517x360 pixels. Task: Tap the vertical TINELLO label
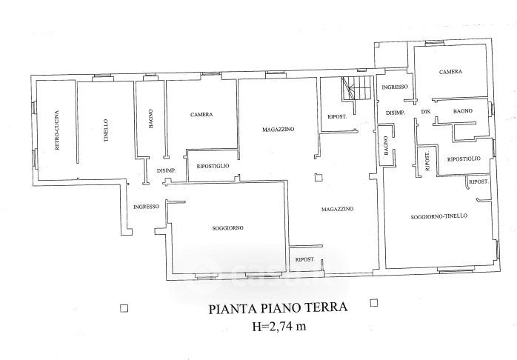point(106,130)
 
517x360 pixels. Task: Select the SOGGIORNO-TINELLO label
point(438,217)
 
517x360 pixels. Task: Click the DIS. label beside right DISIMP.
point(425,111)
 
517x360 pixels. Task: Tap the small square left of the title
point(124,307)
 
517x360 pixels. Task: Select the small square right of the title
point(374,302)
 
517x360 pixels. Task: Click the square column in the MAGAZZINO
point(318,176)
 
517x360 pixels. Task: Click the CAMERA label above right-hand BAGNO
point(450,72)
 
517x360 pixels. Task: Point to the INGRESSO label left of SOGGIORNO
point(146,207)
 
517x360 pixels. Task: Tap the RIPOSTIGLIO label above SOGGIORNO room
point(213,165)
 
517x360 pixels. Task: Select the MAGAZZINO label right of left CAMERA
point(278,130)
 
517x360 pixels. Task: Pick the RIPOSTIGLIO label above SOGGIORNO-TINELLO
point(464,159)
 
